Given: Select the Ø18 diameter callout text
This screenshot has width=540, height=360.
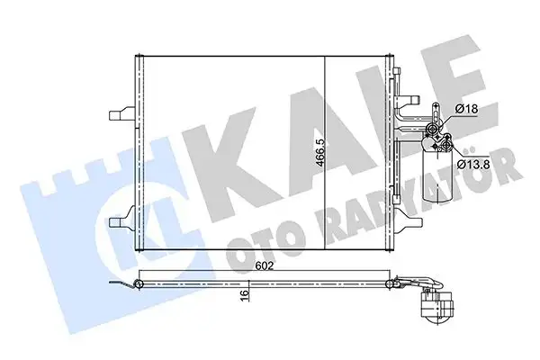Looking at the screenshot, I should [x=466, y=109].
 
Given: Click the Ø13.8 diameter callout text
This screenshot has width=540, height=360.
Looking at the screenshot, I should [x=472, y=164].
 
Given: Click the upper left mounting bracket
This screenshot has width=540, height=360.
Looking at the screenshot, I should [x=120, y=115].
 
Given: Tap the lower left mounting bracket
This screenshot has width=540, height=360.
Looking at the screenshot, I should [x=120, y=220].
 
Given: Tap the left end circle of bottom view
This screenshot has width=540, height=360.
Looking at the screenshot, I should [x=139, y=286].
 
